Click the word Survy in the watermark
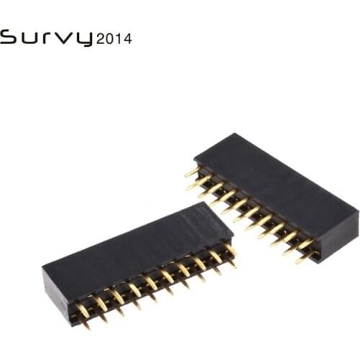[x=47, y=37]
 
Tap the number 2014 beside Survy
[x=114, y=39]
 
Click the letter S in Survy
[x=9, y=37]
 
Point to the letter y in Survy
[x=84, y=40]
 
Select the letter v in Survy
[x=67, y=38]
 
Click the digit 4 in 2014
[x=127, y=39]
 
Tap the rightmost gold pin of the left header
[x=230, y=251]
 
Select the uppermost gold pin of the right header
[x=192, y=171]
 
